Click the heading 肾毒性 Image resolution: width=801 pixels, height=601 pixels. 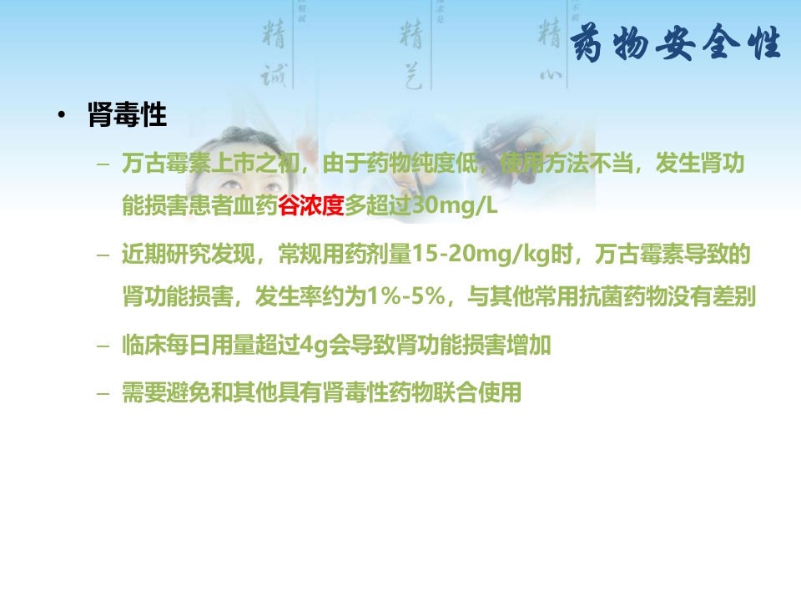pos(128,115)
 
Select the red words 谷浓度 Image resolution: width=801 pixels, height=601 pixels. pos(311,205)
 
